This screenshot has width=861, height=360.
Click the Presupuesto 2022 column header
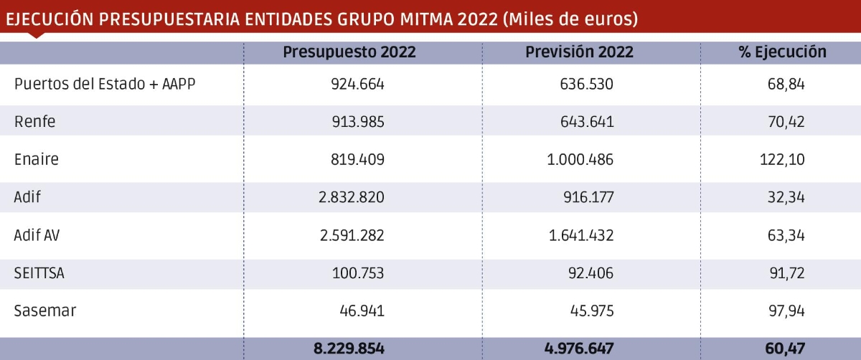349,52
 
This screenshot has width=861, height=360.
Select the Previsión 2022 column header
579,52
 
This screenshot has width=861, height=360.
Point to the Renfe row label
34,122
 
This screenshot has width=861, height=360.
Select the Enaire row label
37,160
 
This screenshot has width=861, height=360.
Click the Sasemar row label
45,311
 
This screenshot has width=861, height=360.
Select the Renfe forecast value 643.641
587,122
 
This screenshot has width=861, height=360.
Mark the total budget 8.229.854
349,349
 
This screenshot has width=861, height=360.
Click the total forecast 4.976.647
579,349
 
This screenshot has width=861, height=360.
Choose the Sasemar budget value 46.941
362,311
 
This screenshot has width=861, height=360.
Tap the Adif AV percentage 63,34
786,235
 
